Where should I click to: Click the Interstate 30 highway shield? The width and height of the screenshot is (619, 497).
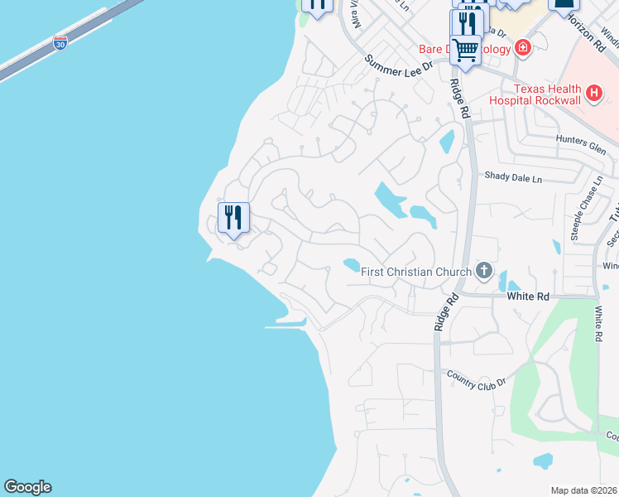[60, 43]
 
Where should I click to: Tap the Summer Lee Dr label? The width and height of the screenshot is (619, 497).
[399, 64]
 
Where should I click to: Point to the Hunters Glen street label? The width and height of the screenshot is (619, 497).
[582, 141]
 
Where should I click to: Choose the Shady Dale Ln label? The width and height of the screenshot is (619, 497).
[513, 176]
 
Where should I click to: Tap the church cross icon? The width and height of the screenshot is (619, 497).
[484, 271]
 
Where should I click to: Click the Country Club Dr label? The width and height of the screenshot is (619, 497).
[476, 377]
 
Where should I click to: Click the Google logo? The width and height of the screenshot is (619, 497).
[27, 487]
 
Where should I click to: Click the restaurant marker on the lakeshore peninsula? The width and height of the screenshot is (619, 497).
[233, 218]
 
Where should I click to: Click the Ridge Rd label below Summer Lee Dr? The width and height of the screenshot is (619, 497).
[459, 96]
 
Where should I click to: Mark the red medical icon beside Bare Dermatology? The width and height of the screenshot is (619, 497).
[522, 48]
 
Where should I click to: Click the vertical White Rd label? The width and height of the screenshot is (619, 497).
[597, 323]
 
